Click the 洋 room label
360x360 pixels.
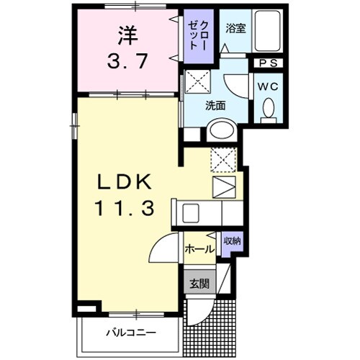point(127,36)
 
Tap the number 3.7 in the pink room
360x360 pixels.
point(127,61)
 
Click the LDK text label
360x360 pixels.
point(124,181)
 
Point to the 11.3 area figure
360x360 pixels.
point(125,208)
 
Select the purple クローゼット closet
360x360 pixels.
point(199,36)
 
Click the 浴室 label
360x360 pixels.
point(235,29)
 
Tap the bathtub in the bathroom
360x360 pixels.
point(267,30)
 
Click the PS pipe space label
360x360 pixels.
point(269,63)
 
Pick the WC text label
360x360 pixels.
point(268,86)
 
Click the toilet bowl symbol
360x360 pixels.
point(269,110)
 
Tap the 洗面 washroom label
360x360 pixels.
point(215,105)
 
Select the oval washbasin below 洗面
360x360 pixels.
point(222,130)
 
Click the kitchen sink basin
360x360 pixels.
point(191,213)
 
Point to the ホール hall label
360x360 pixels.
point(199,250)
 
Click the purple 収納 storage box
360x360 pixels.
point(232,244)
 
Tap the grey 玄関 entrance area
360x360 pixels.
point(199,282)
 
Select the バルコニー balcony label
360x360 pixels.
point(131,333)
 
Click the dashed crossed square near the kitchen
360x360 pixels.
point(224,160)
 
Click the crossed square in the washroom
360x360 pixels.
point(198,81)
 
